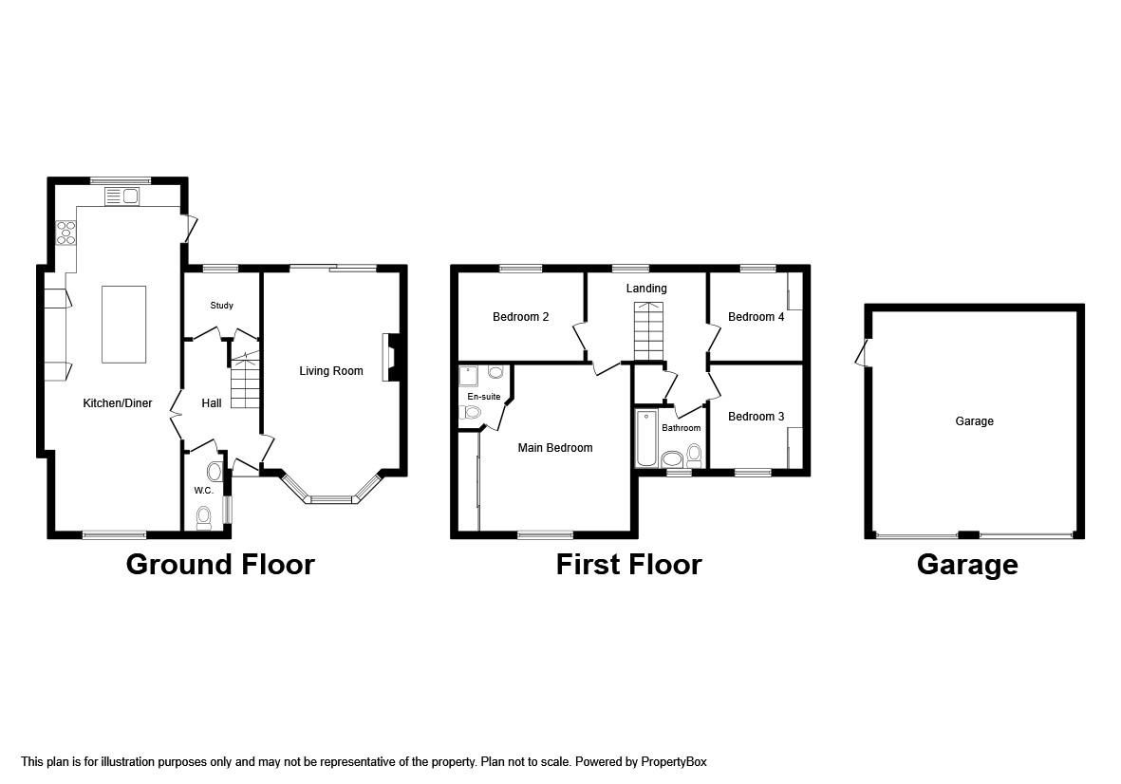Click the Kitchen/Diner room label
click(x=118, y=403)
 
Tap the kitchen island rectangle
click(x=124, y=324)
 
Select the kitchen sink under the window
click(x=121, y=196)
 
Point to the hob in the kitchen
click(x=66, y=233)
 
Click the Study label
click(x=221, y=306)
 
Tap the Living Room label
click(x=331, y=371)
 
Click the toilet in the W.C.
click(x=203, y=516)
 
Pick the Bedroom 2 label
click(x=520, y=317)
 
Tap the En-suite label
click(x=483, y=397)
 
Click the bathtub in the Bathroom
click(x=646, y=439)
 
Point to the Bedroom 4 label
click(x=756, y=317)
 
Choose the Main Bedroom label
click(x=554, y=448)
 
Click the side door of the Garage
click(x=862, y=353)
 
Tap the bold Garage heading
click(x=966, y=565)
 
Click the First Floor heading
click(x=628, y=565)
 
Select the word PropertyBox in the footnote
click(x=673, y=762)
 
